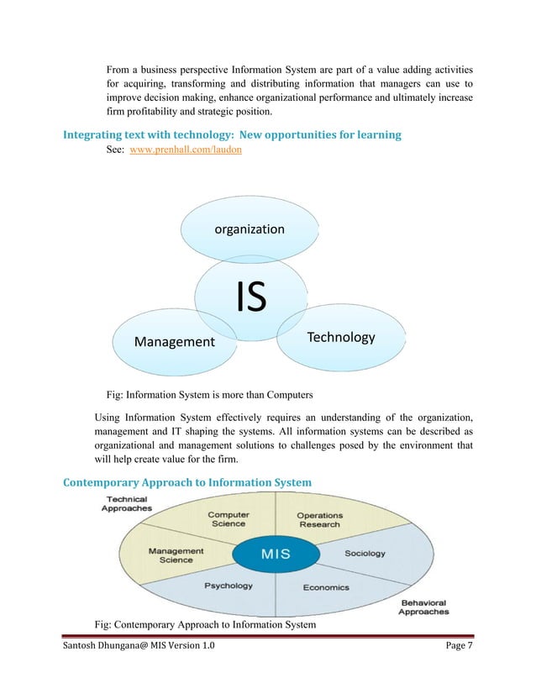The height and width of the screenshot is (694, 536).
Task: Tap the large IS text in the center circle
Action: click(x=250, y=297)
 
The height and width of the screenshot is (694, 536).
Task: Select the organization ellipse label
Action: click(x=250, y=229)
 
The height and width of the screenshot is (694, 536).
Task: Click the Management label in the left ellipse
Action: click(x=175, y=342)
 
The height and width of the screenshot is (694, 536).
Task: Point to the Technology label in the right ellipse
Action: click(x=340, y=337)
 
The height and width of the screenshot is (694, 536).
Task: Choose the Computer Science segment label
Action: click(x=228, y=519)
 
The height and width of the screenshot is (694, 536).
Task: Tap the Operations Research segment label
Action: click(x=319, y=519)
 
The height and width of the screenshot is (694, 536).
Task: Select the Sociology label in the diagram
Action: click(x=365, y=554)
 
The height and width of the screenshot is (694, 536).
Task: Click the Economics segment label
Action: click(x=326, y=587)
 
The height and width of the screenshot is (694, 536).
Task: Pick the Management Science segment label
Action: click(x=176, y=555)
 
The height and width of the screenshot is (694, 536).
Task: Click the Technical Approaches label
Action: click(x=127, y=503)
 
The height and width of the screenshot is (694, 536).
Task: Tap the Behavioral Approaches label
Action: click(x=423, y=607)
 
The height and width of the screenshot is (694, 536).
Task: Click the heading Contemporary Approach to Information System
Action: click(x=187, y=482)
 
